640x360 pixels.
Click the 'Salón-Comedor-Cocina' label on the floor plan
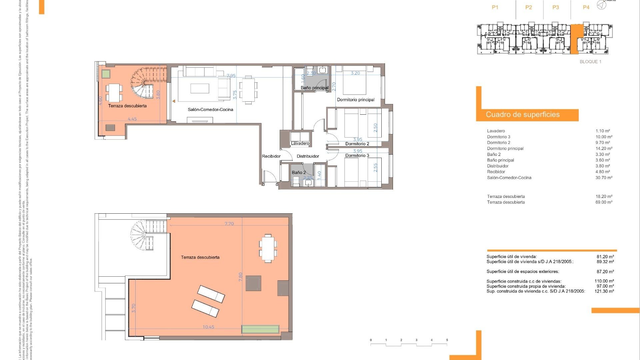[210, 110]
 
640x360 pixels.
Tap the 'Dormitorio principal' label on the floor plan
[356, 100]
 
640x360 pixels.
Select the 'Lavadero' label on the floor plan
[300, 143]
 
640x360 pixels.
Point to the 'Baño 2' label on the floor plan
[299, 173]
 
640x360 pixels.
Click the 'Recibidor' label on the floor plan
[271, 156]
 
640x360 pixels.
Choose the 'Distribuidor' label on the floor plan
[308, 156]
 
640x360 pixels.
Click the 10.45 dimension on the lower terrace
[208, 327]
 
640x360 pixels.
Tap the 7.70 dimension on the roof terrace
[229, 224]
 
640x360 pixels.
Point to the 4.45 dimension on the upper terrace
[132, 119]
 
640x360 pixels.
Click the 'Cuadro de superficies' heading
[523, 115]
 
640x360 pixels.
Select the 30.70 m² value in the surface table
[604, 178]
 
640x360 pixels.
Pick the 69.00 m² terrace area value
[604, 202]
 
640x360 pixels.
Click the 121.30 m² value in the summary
[604, 291]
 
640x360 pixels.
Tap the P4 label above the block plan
[586, 7]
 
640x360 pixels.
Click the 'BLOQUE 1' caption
[590, 62]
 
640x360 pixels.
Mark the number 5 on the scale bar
[447, 340]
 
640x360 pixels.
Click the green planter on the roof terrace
[260, 329]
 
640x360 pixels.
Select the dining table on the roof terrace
[268, 249]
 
